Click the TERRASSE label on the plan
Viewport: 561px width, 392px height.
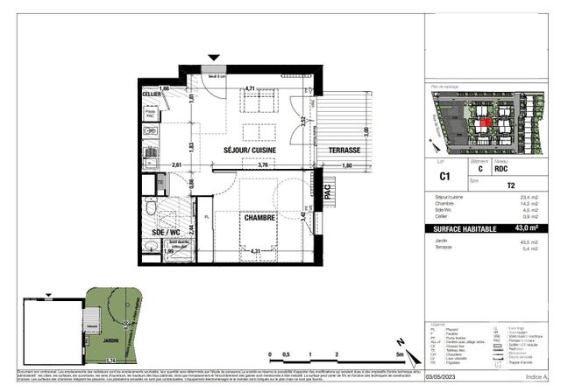343,150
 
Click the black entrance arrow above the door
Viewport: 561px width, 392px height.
210,59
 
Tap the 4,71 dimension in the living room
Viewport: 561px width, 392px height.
250,88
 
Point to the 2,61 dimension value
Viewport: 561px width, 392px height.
177,164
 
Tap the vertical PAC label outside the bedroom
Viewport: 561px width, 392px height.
329,198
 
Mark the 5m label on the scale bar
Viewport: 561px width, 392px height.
400,355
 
